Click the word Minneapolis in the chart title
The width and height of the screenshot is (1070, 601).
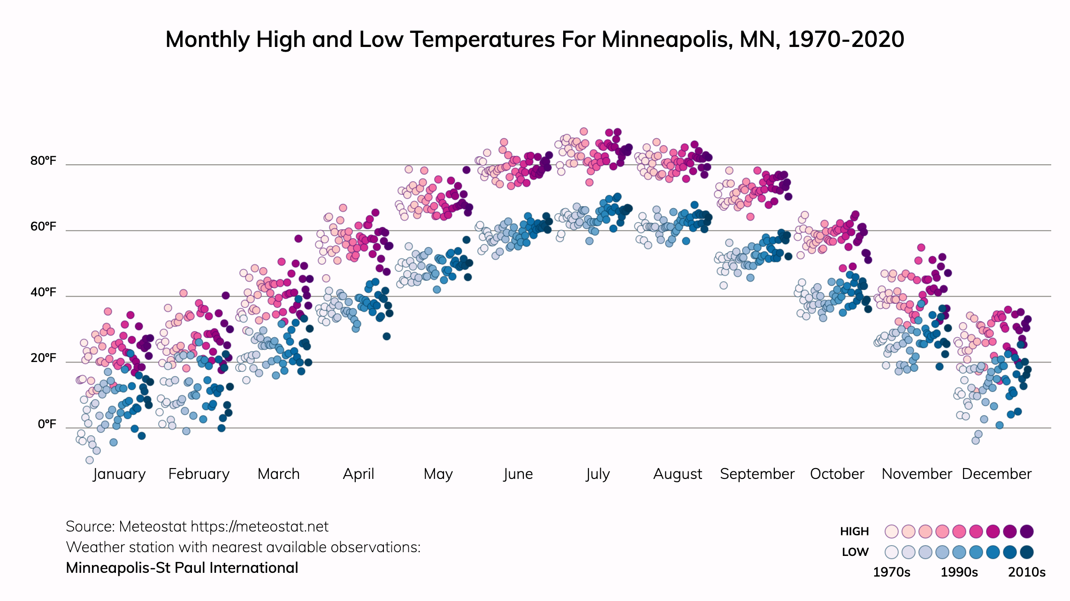point(665,39)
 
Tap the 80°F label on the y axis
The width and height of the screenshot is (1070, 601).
point(43,161)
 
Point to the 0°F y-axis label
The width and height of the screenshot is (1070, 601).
point(47,424)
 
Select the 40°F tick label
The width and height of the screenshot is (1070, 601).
point(43,293)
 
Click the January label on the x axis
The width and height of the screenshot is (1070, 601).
point(119,474)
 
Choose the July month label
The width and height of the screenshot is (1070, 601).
point(597,474)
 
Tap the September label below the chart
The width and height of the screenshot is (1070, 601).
point(757,474)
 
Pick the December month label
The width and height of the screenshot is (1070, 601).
point(996,474)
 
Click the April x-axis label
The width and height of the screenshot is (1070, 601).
point(359,474)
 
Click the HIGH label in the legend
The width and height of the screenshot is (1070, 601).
point(854,532)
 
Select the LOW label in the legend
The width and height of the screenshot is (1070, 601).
point(855,552)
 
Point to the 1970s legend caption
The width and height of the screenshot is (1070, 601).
point(891,572)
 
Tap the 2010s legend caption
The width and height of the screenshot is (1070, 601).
point(1027,572)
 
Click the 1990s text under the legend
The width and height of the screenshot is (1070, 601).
point(959,572)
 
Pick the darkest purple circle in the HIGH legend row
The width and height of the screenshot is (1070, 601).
point(1027,532)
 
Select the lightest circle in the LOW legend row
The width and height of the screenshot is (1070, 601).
point(891,552)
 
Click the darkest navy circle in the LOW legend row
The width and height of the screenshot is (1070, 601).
point(1027,552)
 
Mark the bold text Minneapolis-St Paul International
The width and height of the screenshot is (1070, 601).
point(182,568)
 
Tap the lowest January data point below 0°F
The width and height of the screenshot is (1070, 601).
point(90,460)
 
